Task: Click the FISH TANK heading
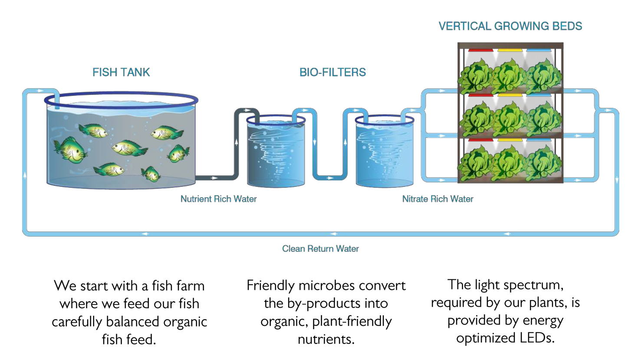point(121,72)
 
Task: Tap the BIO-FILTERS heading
point(332,72)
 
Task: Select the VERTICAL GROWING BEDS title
point(510,26)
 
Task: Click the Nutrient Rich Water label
point(218,199)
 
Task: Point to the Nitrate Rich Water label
point(437,199)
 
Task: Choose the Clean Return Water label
point(320,249)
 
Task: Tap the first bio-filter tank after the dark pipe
point(276,152)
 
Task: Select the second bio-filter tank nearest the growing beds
point(385,152)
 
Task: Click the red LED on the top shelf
point(480,50)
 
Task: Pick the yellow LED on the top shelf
point(510,50)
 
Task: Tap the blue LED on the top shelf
point(539,50)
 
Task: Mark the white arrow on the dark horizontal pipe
point(214,178)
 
